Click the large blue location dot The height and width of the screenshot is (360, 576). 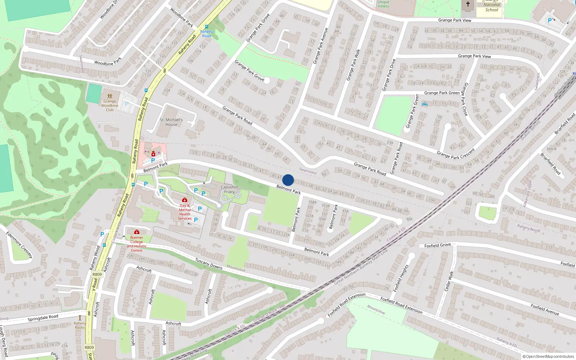pos(288,180)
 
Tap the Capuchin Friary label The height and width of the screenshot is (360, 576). pos(229,189)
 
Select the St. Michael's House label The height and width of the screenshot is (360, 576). pos(171,122)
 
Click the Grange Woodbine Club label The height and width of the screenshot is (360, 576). pos(110,105)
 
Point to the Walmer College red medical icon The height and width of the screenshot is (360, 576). pos(137,232)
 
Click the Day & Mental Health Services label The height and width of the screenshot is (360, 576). pos(185,212)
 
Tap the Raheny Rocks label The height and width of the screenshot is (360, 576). pos(80,325)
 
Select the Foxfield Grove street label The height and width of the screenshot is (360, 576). pos(437,245)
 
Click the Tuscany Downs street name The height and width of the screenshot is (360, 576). pos(209,264)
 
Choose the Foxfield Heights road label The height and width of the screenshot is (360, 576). pos(401,278)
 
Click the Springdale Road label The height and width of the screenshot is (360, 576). pos(43,318)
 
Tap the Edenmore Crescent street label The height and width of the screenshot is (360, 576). pos(19,245)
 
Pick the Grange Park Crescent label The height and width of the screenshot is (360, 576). pos(456,153)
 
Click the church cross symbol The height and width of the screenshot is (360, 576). pos(468,4)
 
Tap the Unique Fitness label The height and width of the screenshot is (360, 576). pos(383,4)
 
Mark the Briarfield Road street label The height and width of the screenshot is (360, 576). pos(550,164)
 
